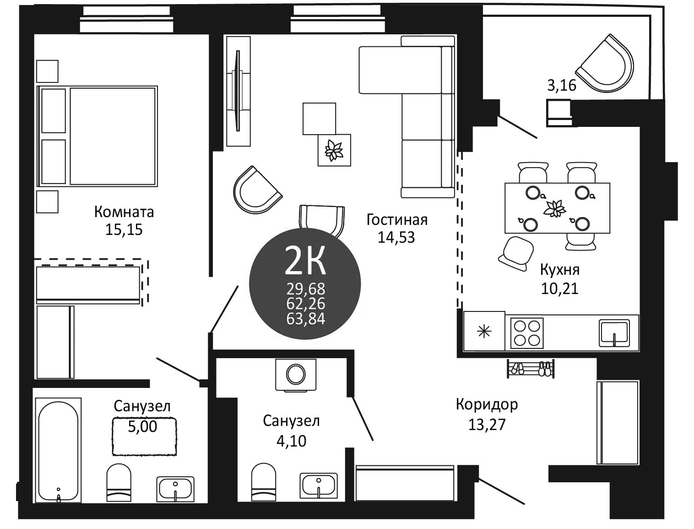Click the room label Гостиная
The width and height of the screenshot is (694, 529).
[x=397, y=220]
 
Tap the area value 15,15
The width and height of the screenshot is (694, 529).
[x=124, y=229]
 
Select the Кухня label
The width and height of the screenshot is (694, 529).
[x=559, y=270]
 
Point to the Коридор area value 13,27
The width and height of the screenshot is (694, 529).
[x=487, y=425]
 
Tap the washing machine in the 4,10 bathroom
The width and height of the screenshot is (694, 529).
[x=296, y=375]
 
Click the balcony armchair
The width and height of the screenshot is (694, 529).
[x=605, y=64]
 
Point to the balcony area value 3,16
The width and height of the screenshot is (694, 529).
[x=562, y=85]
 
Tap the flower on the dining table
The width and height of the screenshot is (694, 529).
[x=555, y=208]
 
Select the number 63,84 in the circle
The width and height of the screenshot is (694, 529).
[x=305, y=318]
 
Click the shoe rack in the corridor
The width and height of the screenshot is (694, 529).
[x=531, y=368]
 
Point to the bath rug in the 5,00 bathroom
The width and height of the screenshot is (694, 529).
[x=144, y=436]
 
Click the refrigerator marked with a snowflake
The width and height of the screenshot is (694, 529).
[x=484, y=331]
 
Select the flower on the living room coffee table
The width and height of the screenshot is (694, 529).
[x=334, y=150]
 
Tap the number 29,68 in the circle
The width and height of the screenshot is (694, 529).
[x=305, y=289]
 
